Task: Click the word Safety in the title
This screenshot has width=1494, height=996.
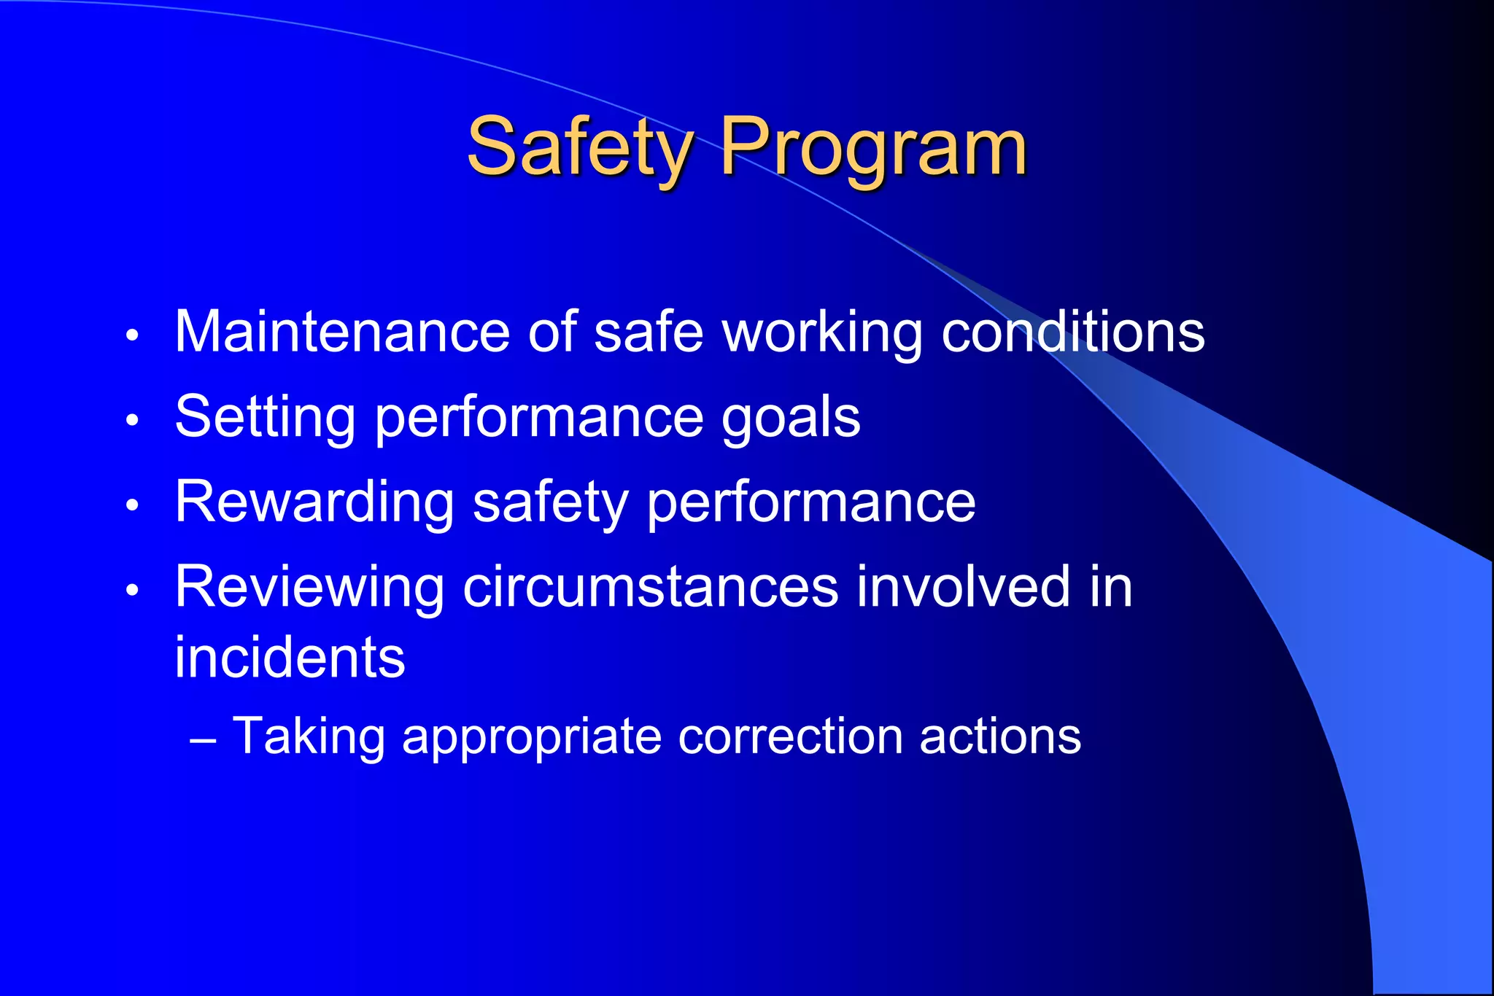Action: pyautogui.click(x=580, y=148)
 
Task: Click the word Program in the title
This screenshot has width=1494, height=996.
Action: pyautogui.click(x=874, y=148)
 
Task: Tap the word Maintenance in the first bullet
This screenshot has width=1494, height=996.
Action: pyautogui.click(x=341, y=332)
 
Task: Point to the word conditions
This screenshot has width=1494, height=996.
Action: pyautogui.click(x=1072, y=332)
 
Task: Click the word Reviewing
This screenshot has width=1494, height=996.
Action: pyautogui.click(x=309, y=588)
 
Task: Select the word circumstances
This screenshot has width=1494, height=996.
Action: pyautogui.click(x=651, y=588)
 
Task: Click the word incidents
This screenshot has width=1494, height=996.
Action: pyautogui.click(x=290, y=658)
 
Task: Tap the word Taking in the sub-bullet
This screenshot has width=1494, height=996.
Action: pyautogui.click(x=309, y=736)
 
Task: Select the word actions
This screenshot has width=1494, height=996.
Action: pyautogui.click(x=1000, y=736)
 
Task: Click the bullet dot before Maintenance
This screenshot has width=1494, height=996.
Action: pyautogui.click(x=132, y=335)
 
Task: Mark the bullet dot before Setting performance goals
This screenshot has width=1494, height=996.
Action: pyautogui.click(x=132, y=420)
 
